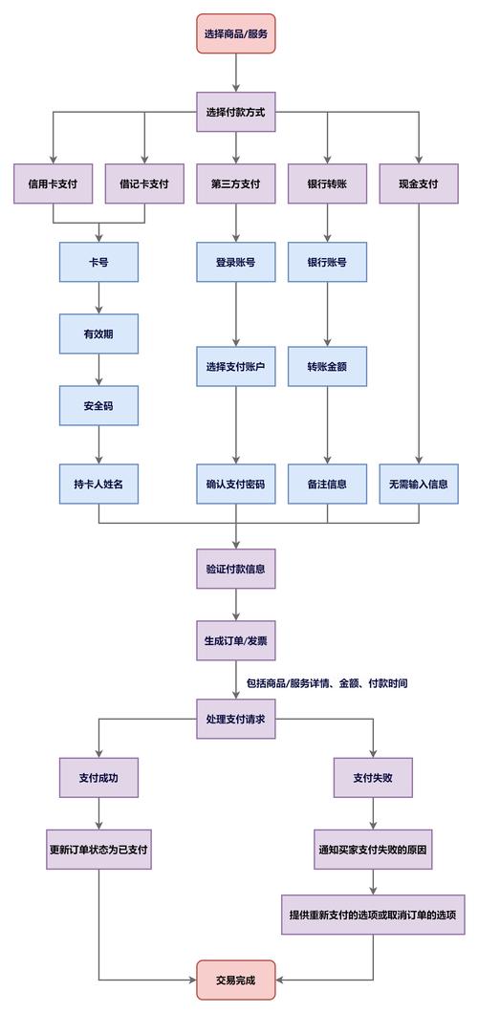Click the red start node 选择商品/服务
[x=236, y=33]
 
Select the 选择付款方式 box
[x=236, y=112]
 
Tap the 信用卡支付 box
[x=54, y=184]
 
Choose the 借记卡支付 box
[x=144, y=184]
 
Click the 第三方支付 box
[x=236, y=184]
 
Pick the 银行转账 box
[x=327, y=184]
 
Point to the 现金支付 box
[x=419, y=184]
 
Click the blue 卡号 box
[x=98, y=262]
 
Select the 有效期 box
[x=98, y=334]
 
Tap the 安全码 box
[x=98, y=406]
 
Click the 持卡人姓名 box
[x=98, y=484]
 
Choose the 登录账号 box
[x=236, y=262]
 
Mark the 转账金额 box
[x=327, y=367]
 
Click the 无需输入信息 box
[x=419, y=484]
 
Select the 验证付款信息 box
[x=236, y=569]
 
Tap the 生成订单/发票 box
[x=236, y=641]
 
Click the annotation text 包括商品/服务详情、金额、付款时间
[x=327, y=684]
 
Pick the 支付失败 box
[x=373, y=777]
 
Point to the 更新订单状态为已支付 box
[x=98, y=850]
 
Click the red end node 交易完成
[x=236, y=980]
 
